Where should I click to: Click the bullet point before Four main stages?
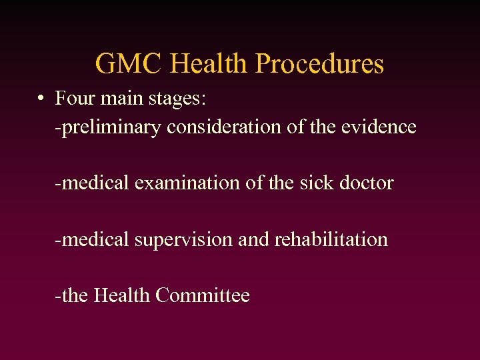click(41, 99)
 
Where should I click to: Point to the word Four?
click(73, 99)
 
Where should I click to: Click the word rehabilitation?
click(330, 239)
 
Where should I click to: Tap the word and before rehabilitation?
click(253, 239)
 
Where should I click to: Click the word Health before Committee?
click(122, 295)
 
